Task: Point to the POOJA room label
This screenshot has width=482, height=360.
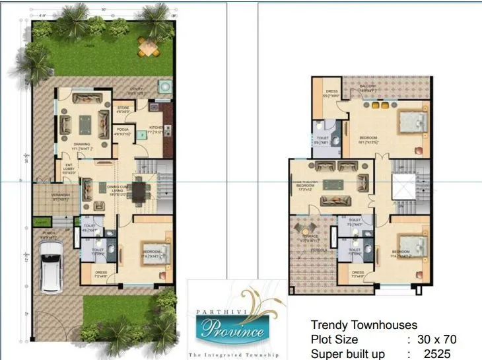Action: tap(122, 129)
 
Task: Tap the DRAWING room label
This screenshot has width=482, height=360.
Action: tap(82, 144)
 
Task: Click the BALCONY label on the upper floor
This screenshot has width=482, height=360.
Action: tap(368, 86)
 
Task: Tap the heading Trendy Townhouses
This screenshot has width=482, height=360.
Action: tap(364, 325)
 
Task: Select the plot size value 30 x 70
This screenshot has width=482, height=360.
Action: tap(432, 340)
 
